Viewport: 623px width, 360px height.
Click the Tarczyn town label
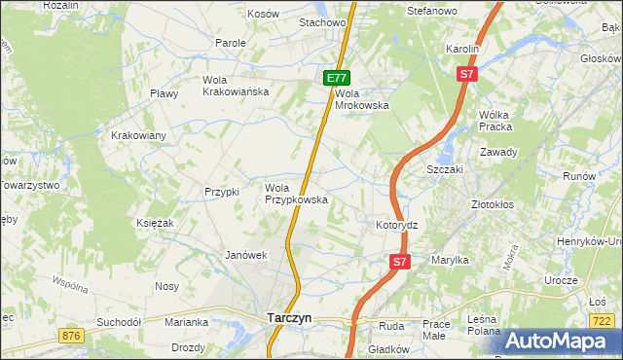289,317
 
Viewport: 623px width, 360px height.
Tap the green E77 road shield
335,78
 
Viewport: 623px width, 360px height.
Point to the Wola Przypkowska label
296,194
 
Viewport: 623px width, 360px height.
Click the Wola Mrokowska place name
362,99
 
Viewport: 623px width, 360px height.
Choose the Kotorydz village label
396,225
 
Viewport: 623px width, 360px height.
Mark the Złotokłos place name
492,205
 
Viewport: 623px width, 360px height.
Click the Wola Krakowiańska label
235,86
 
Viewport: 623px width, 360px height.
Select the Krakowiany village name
139,135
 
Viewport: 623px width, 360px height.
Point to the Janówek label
245,255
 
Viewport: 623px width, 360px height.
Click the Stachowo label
323,21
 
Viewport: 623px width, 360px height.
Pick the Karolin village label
463,48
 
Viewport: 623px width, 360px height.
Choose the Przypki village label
222,192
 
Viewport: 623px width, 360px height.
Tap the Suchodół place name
119,321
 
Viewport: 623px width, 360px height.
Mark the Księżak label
155,223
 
